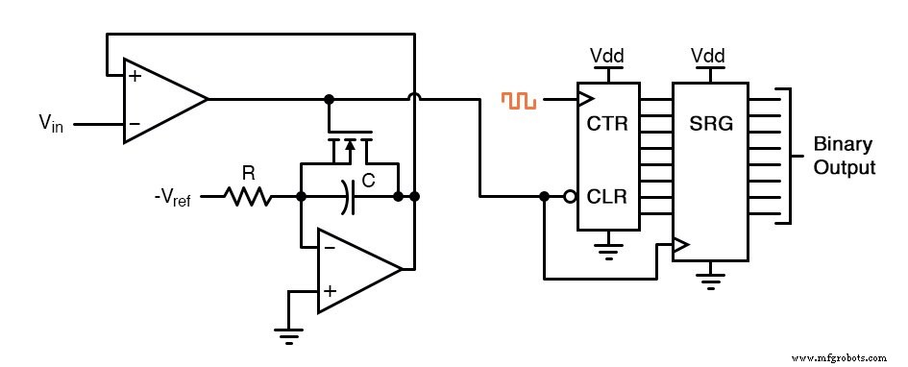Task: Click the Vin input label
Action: pyautogui.click(x=51, y=123)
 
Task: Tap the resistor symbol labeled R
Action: pyautogui.click(x=248, y=197)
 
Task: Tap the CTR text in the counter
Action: pyautogui.click(x=607, y=124)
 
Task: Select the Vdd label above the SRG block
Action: pyautogui.click(x=709, y=55)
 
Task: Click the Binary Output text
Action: pyautogui.click(x=844, y=157)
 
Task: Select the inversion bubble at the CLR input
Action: pyautogui.click(x=570, y=197)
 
